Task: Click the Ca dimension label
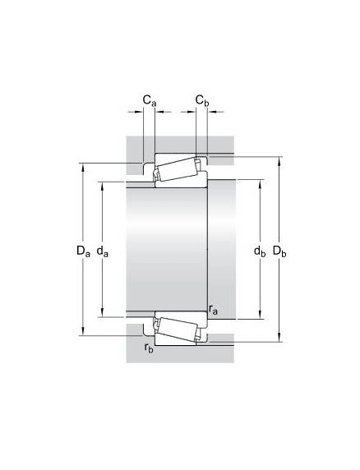(x=150, y=100)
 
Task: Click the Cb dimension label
(x=202, y=100)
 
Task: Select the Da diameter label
(x=83, y=251)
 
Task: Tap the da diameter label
(x=103, y=251)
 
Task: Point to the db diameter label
(x=260, y=251)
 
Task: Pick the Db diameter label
(x=279, y=251)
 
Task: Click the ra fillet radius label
(x=213, y=310)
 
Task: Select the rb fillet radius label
(x=149, y=348)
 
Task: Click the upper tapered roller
(x=177, y=169)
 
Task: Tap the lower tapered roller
(x=177, y=329)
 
